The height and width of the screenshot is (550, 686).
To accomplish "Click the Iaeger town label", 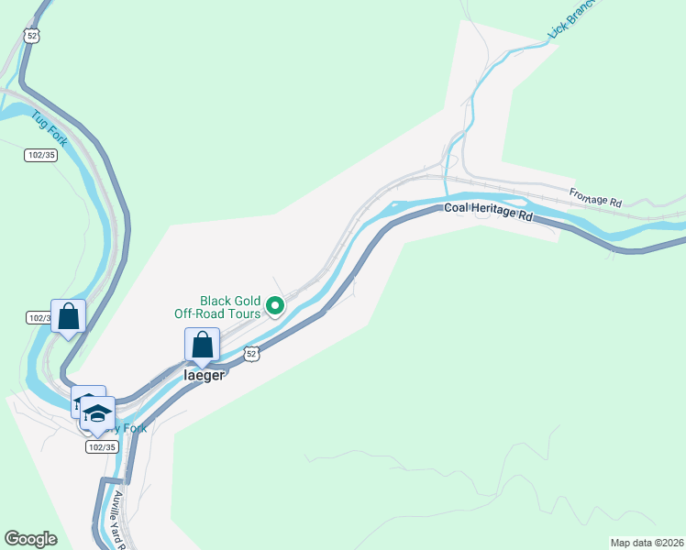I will point(203,374).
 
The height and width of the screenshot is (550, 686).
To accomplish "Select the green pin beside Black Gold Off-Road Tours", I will point(274,305).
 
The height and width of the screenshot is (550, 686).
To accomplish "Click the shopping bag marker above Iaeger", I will point(202,346).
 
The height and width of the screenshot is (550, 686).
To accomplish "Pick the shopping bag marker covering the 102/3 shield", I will point(68,317).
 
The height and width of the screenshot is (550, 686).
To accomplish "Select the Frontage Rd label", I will point(595,196).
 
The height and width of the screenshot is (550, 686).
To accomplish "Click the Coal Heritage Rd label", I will point(489,211).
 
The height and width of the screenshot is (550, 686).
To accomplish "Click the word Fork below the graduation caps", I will point(133,428).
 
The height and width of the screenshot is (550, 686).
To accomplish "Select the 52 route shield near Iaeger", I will point(253,353).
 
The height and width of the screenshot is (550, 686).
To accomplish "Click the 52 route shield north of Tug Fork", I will point(33,36).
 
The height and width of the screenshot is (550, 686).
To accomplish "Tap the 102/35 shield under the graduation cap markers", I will point(103,447).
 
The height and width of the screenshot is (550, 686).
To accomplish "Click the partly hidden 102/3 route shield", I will point(37,317).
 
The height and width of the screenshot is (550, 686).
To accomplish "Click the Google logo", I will point(30,539).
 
